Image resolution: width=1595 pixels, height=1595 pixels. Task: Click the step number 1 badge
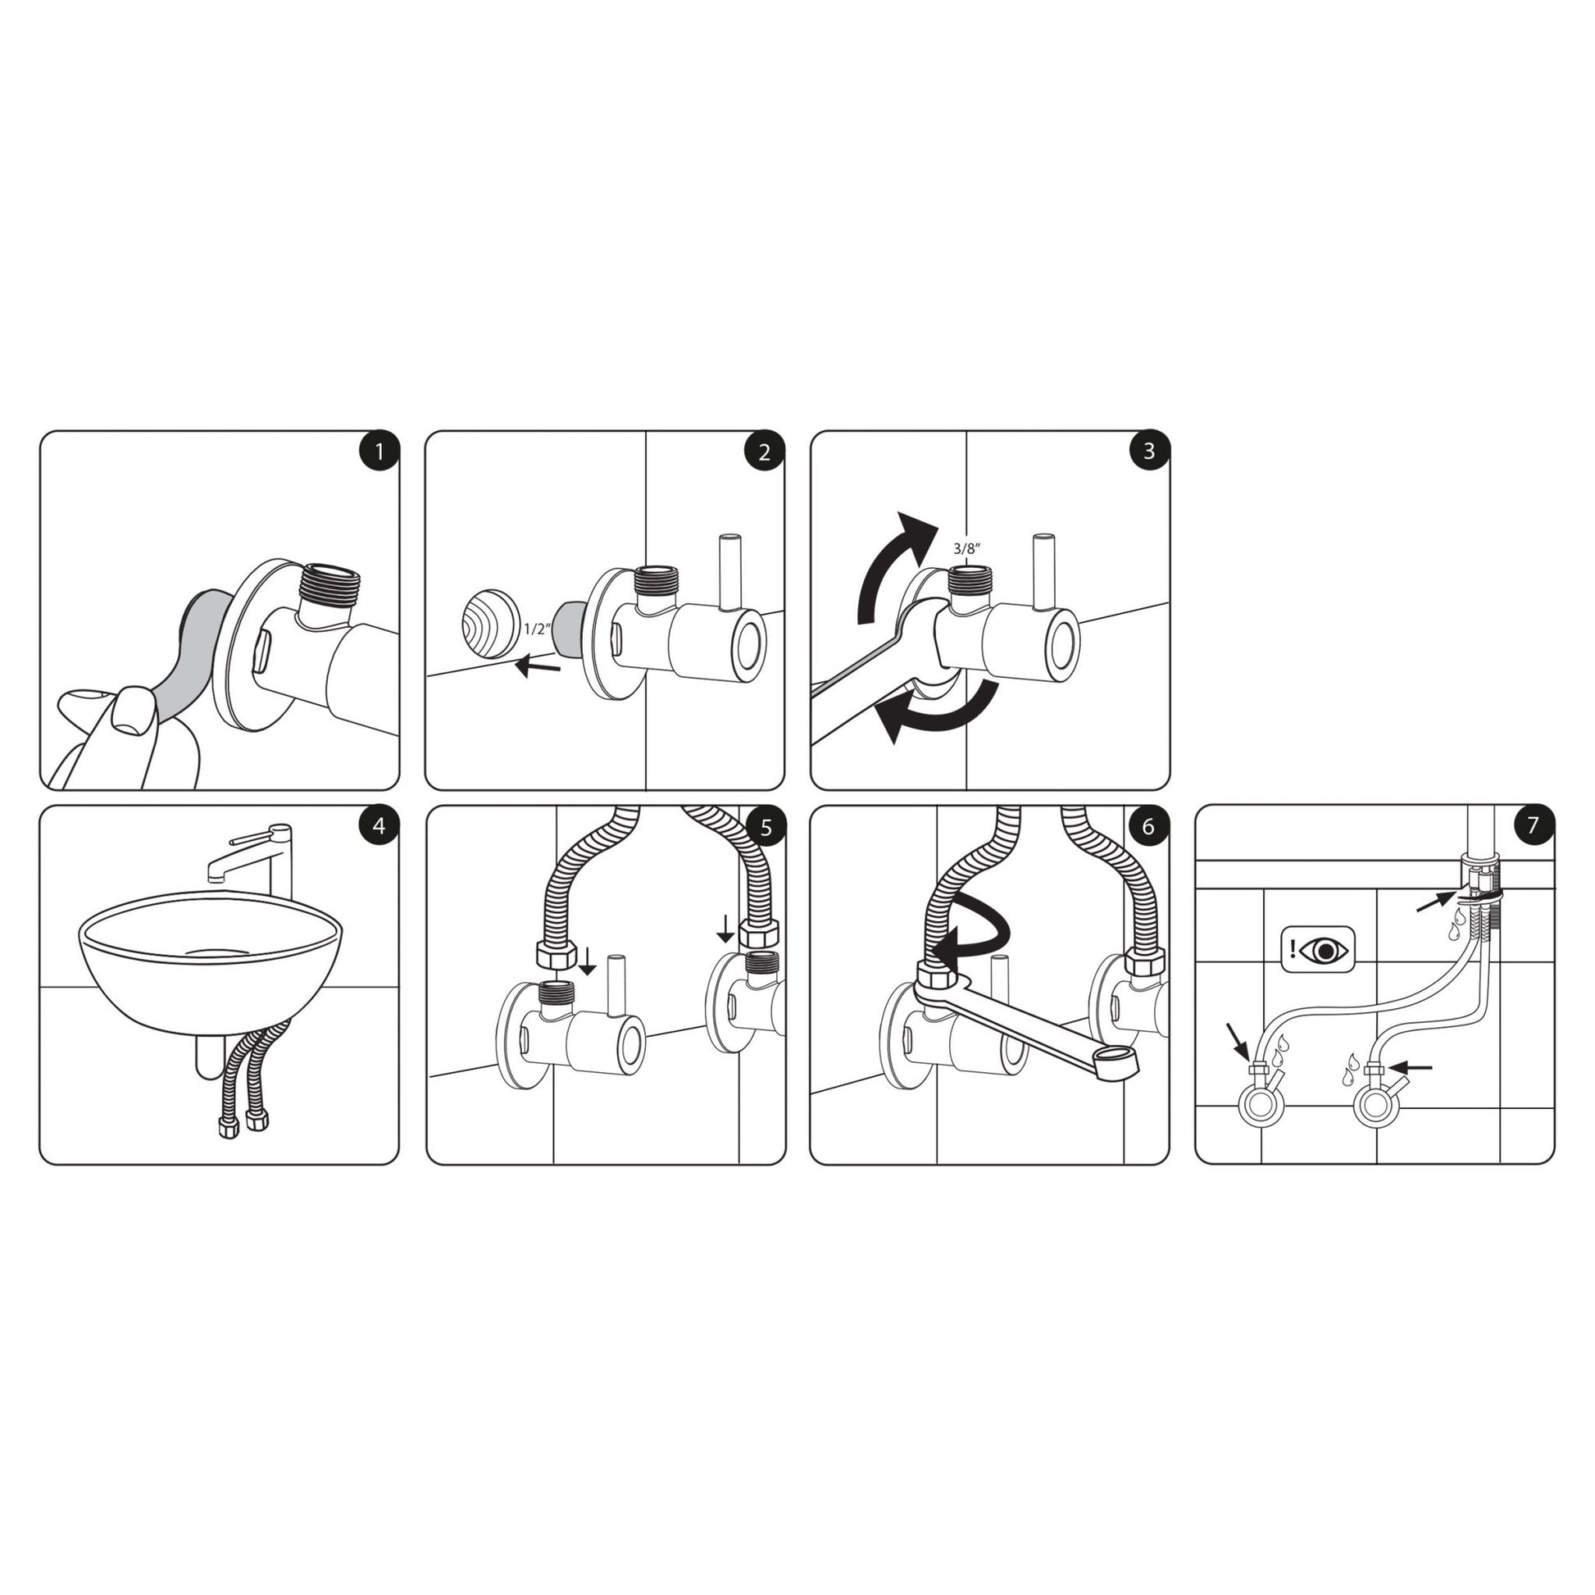click(379, 452)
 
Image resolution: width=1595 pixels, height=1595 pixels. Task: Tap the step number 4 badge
click(379, 826)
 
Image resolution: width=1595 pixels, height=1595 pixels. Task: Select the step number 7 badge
click(1533, 825)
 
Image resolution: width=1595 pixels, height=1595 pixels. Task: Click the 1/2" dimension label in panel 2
click(537, 629)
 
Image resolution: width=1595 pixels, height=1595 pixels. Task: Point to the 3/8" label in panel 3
click(966, 548)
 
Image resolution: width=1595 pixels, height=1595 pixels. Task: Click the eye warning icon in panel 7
click(1318, 951)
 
